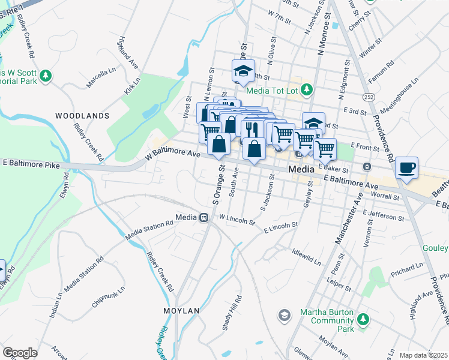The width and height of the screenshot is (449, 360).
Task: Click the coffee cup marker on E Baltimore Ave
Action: [407, 168]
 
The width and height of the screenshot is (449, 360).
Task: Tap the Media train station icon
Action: [203, 217]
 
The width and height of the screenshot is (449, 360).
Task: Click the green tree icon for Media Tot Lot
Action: [307, 89]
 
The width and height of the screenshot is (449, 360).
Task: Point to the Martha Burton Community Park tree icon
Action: [362, 321]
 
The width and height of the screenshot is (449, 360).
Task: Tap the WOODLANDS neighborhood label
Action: [82, 115]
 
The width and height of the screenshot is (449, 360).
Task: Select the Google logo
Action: [20, 352]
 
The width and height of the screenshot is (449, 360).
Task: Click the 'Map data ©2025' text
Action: [423, 355]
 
